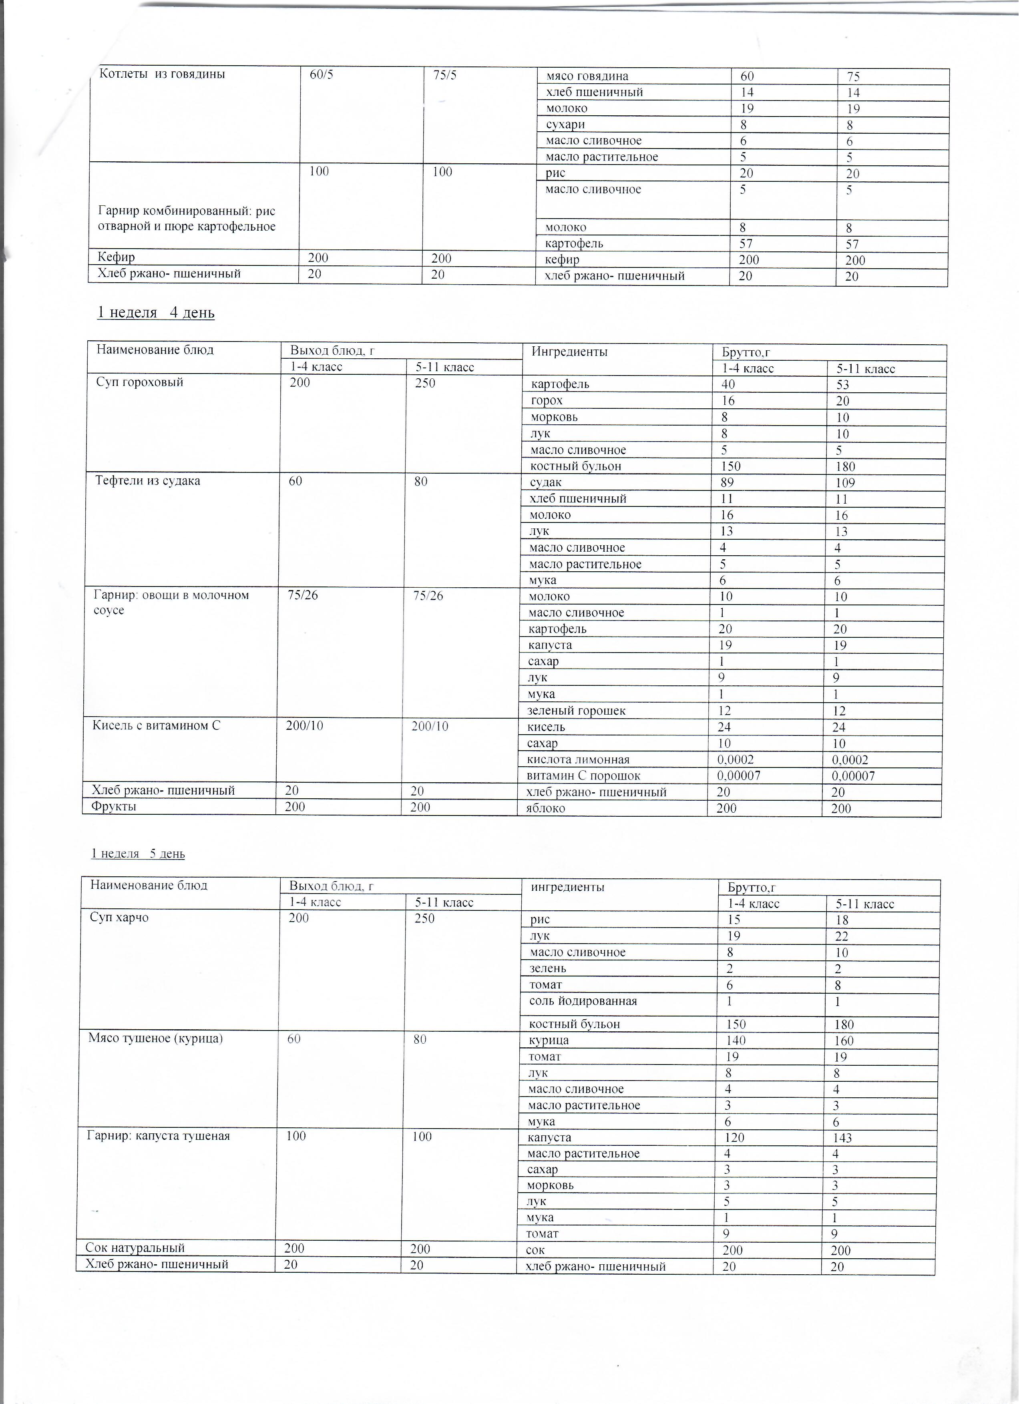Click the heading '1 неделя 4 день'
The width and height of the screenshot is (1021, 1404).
156,313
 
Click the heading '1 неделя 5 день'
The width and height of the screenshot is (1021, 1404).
138,854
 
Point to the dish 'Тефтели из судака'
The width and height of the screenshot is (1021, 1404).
148,481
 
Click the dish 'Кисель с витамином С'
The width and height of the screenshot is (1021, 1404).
156,725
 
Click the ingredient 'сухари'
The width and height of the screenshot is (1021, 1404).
565,125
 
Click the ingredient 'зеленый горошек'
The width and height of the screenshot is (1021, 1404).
577,711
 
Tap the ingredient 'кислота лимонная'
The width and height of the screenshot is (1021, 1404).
578,759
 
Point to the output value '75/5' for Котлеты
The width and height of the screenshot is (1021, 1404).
445,76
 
